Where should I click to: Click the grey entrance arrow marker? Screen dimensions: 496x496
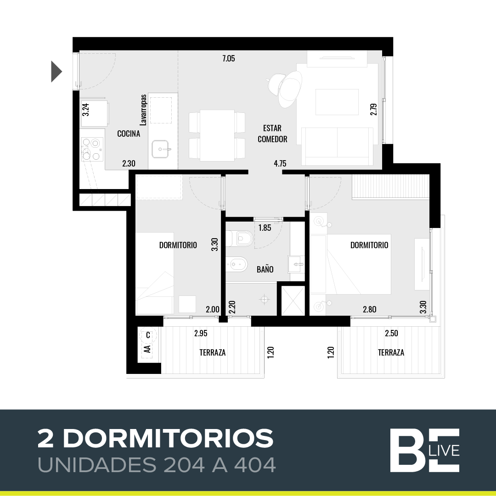click(56, 72)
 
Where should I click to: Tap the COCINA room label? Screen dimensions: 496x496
click(129, 134)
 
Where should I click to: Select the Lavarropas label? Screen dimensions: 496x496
click(143, 110)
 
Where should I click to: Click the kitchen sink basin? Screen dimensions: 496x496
click(162, 149)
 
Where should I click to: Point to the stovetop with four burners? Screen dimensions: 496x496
click(92, 149)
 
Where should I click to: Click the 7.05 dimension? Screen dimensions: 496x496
click(229, 59)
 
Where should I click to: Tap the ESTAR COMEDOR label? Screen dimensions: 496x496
click(272, 134)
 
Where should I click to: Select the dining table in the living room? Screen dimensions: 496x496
click(217, 134)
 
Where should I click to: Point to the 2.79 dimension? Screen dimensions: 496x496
click(374, 110)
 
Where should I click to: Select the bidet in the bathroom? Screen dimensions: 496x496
click(236, 264)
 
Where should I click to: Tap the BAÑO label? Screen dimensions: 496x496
click(265, 269)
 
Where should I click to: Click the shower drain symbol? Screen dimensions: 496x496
click(264, 299)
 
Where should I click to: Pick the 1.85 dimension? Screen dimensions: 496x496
click(265, 228)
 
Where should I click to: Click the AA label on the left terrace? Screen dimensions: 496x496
click(147, 349)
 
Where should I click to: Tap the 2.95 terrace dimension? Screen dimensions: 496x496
click(201, 334)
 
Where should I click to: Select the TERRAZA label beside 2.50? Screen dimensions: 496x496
click(391, 352)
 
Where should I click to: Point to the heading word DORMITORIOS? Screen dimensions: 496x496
click(168, 439)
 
